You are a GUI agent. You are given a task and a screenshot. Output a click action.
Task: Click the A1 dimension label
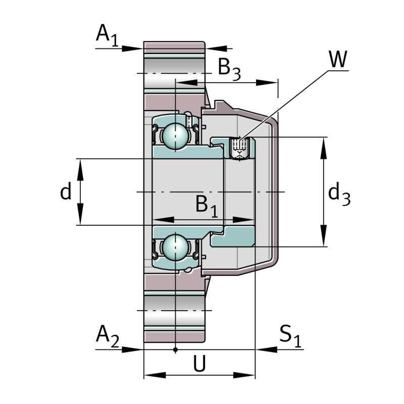point(107,35)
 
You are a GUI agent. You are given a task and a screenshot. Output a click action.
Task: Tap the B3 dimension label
point(229,70)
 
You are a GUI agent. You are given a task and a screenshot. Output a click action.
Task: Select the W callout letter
point(338,59)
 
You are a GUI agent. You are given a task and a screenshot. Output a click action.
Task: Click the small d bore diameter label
point(66,191)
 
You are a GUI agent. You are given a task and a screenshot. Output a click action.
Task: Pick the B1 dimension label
point(207,206)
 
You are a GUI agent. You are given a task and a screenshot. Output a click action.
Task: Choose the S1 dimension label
point(290,336)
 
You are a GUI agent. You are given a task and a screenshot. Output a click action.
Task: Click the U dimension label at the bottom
point(199,363)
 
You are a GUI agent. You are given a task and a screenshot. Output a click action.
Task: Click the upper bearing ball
point(175,136)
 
